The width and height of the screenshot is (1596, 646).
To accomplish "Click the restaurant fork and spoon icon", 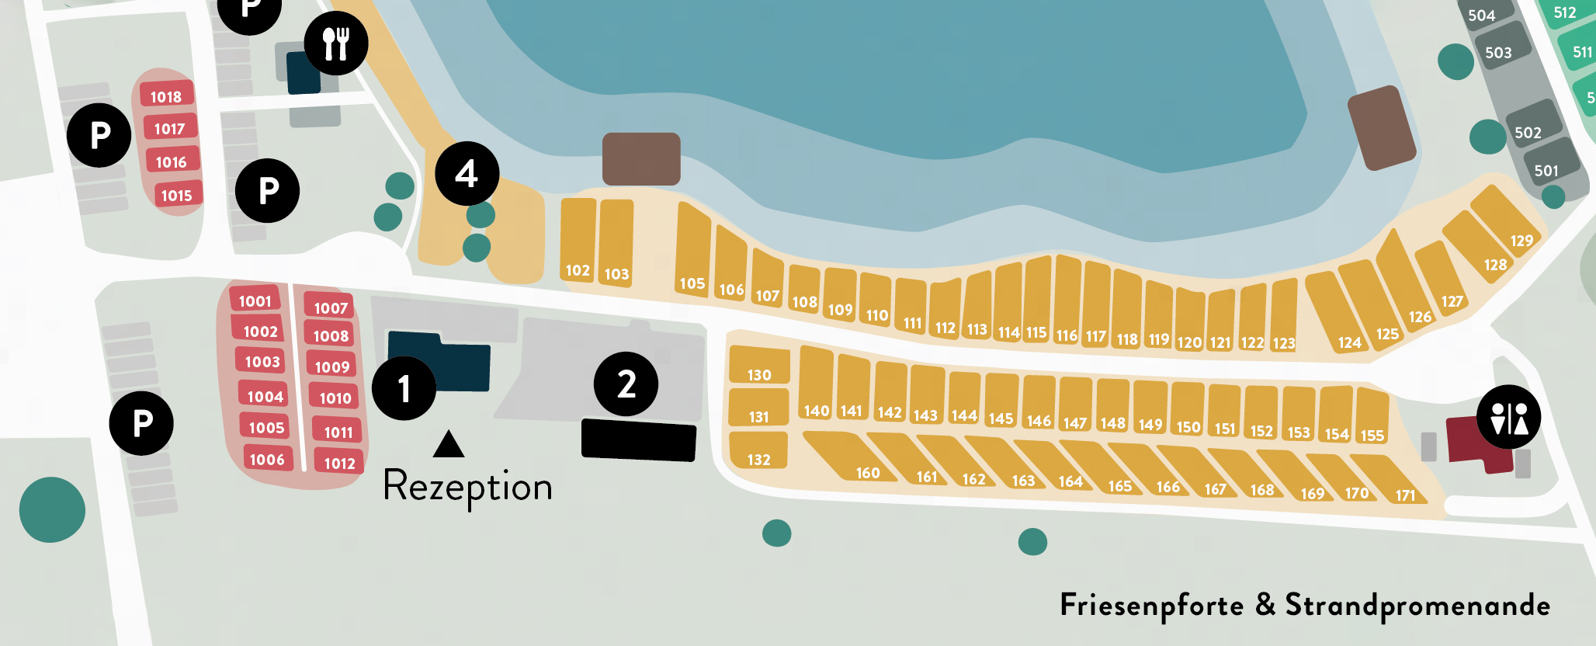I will [336, 43].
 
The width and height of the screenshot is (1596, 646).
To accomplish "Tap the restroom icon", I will [1508, 417].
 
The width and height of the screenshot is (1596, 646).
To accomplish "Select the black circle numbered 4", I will [467, 174].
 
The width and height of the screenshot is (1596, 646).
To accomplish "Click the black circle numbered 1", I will [404, 388].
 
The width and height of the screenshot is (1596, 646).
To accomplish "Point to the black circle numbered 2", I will [626, 384].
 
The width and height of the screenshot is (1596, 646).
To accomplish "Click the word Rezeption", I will [467, 487].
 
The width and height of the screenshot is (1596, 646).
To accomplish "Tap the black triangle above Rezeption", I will [449, 445].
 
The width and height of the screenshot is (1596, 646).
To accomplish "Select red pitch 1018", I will [166, 96].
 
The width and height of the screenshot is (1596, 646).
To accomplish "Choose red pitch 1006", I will [267, 459].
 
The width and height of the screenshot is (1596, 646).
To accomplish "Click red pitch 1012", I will [339, 463].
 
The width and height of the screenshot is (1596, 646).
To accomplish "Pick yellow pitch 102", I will [578, 241].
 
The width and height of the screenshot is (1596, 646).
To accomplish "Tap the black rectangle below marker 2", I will [638, 440].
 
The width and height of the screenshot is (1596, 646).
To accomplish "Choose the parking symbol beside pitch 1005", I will [141, 423].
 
